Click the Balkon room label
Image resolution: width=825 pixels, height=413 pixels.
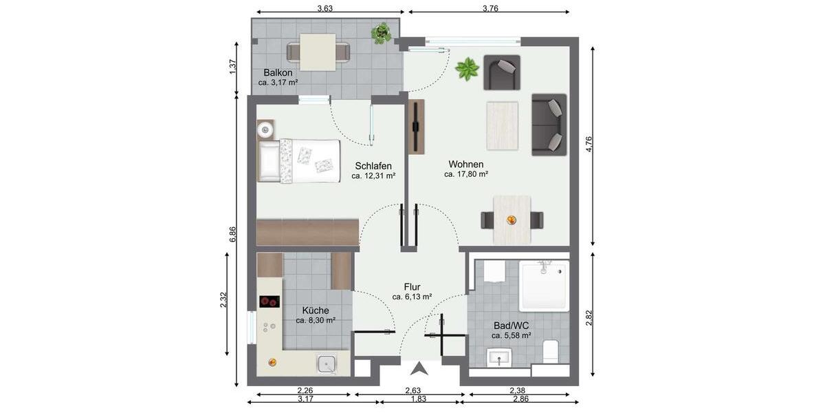[x=278, y=72]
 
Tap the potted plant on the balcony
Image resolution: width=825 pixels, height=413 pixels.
[x=381, y=32]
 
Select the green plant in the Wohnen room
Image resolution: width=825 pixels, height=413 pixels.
[x=467, y=68]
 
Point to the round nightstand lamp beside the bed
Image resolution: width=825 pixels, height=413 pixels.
[x=266, y=129]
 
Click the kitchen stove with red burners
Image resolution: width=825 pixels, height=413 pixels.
[x=269, y=301]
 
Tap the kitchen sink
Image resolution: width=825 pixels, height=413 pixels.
[x=326, y=363]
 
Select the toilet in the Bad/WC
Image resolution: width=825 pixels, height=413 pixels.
[x=551, y=351]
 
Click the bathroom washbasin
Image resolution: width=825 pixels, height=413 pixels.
[x=500, y=358]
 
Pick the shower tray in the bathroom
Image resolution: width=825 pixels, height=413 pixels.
[x=544, y=286]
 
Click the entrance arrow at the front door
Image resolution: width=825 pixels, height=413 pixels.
[x=421, y=369]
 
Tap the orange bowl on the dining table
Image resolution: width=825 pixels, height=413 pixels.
[x=511, y=220]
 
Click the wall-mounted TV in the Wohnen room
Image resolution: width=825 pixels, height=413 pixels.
[x=416, y=127]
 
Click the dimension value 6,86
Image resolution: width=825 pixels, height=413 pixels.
[x=233, y=234]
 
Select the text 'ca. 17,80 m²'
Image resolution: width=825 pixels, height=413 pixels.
[x=466, y=175]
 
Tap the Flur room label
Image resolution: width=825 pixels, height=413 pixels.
[x=412, y=287]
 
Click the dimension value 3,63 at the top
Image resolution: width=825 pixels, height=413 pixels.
[x=325, y=8]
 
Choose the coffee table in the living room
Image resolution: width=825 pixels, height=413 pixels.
[x=502, y=125]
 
